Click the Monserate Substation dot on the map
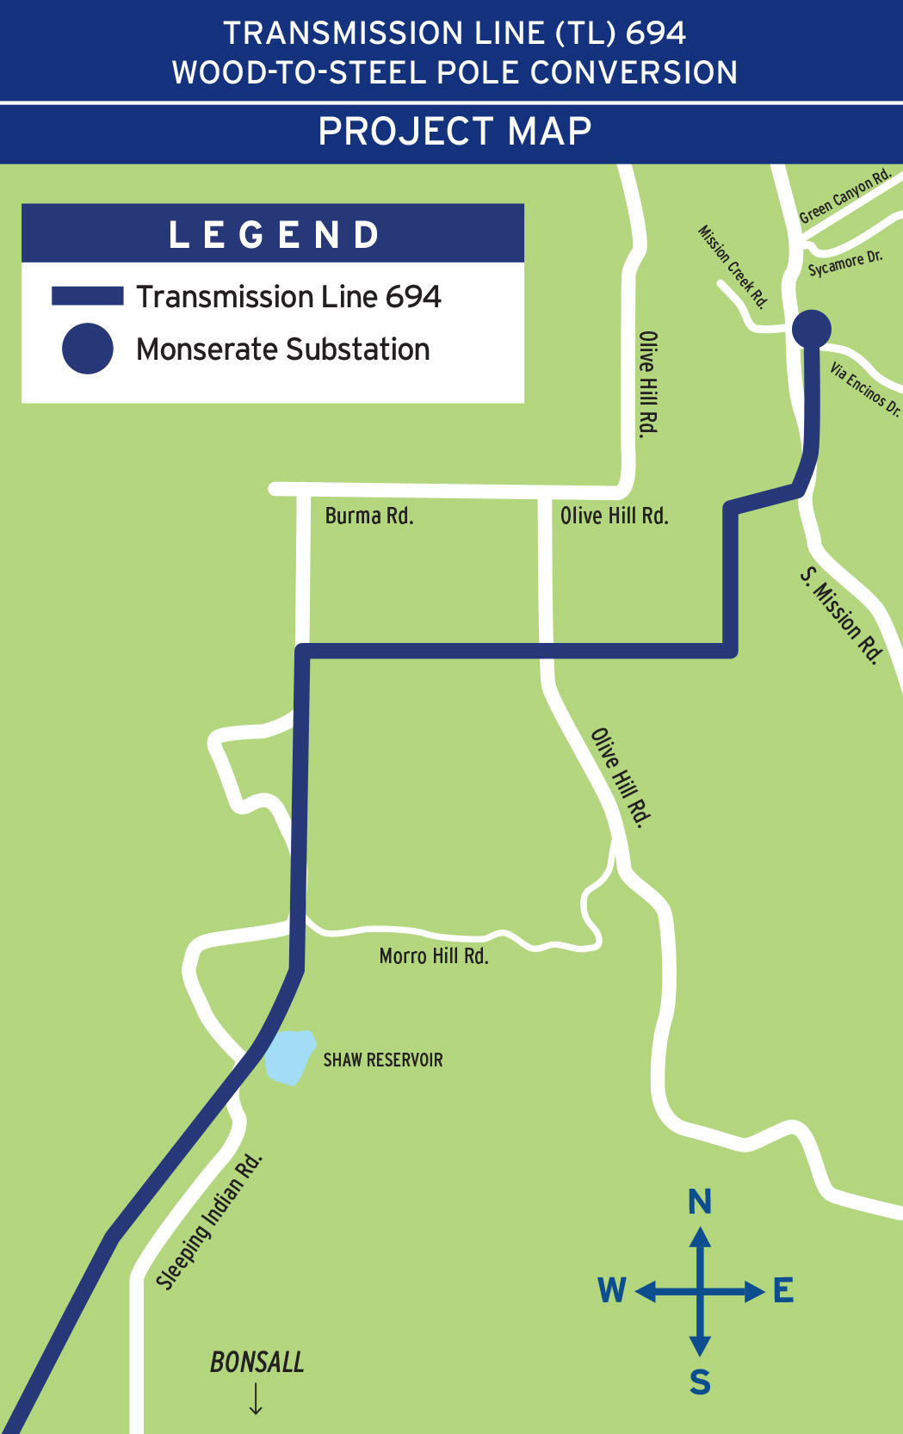click(x=811, y=328)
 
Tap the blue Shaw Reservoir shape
click(x=288, y=1057)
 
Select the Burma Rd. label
click(x=369, y=516)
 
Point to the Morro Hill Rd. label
click(x=434, y=955)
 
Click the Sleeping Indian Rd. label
click(x=209, y=1222)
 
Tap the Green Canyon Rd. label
click(x=844, y=197)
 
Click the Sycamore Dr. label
click(x=845, y=263)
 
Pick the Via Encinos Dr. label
click(x=864, y=389)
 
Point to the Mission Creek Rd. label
click(x=732, y=267)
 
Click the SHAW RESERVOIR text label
click(x=383, y=1060)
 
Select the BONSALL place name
click(x=257, y=1362)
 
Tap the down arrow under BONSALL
click(x=256, y=1399)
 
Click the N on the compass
click(x=700, y=1201)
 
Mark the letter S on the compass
click(x=700, y=1381)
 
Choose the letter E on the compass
click(x=783, y=1290)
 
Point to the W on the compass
click(x=612, y=1290)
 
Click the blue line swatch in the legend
click(x=87, y=296)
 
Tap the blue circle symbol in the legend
click(x=87, y=349)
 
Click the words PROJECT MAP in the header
click(x=455, y=132)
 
